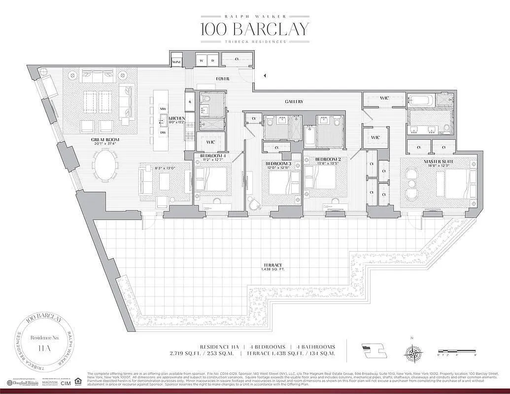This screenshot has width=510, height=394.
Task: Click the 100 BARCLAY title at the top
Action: point(255,29)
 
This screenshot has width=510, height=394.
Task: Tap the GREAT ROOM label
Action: point(105,140)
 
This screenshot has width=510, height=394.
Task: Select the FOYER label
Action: point(223,79)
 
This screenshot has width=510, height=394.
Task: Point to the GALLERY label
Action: point(293,101)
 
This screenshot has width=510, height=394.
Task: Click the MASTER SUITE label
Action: point(438,161)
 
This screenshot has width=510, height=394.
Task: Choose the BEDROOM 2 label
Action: point(329,159)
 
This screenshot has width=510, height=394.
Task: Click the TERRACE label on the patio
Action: point(272,264)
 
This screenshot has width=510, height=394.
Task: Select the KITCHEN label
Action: point(177,119)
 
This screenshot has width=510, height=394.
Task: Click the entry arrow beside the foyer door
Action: point(264,76)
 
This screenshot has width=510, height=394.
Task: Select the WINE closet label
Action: point(176,62)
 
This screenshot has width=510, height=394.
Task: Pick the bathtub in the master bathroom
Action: point(421,100)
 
